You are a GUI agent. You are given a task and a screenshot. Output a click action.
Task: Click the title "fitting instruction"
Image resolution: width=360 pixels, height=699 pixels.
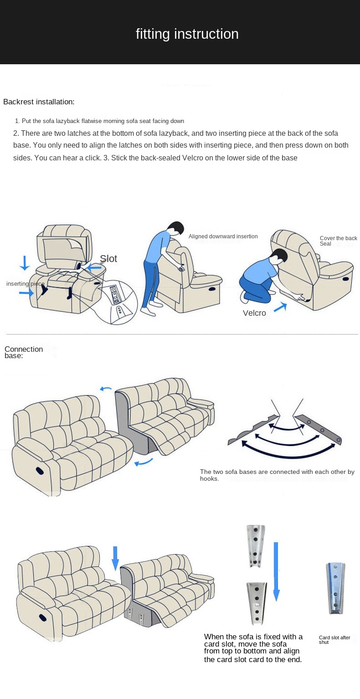tap(187, 34)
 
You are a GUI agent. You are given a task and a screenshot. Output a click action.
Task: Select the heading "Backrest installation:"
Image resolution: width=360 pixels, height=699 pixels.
tap(39, 102)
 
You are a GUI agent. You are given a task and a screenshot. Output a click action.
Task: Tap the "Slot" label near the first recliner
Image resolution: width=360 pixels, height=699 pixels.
tap(108, 258)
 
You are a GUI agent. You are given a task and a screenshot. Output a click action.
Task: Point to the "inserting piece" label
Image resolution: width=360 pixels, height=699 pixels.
tap(25, 284)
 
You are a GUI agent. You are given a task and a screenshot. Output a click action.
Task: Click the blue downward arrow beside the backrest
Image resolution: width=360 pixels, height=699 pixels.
tap(24, 263)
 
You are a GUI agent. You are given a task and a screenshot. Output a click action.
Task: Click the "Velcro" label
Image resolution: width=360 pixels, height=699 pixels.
tap(254, 313)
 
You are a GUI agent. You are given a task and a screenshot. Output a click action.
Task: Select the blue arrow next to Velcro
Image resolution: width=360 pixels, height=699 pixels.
tap(280, 307)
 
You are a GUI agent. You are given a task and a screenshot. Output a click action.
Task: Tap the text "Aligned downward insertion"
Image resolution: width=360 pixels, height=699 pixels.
tap(223, 236)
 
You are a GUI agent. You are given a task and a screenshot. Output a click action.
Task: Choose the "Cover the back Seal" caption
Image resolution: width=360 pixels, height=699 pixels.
tap(338, 241)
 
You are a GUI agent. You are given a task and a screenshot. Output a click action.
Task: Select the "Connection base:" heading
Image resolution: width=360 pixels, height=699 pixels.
tap(23, 352)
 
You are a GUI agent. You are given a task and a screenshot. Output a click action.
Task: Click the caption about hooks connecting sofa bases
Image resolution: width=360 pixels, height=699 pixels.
tap(277, 475)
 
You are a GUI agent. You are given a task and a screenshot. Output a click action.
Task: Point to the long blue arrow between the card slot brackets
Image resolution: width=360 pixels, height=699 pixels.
tap(276, 571)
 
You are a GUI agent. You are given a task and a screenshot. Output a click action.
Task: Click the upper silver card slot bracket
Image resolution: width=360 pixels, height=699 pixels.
tap(256, 546)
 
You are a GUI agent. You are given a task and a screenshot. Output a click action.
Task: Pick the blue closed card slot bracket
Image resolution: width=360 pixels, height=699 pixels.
tap(335, 588)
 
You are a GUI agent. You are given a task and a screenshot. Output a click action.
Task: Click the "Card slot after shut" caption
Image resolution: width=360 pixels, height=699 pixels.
tap(334, 640)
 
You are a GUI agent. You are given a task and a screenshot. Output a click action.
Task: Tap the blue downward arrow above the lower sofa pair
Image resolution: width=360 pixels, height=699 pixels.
tap(115, 558)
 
